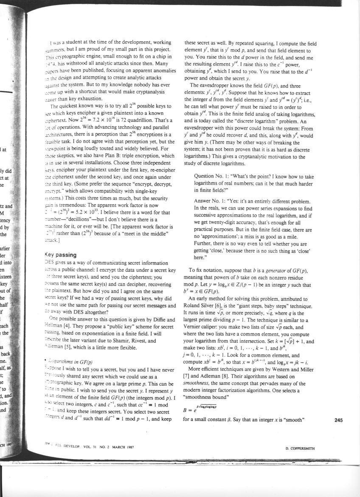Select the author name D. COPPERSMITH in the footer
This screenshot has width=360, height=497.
(x=300, y=448)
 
